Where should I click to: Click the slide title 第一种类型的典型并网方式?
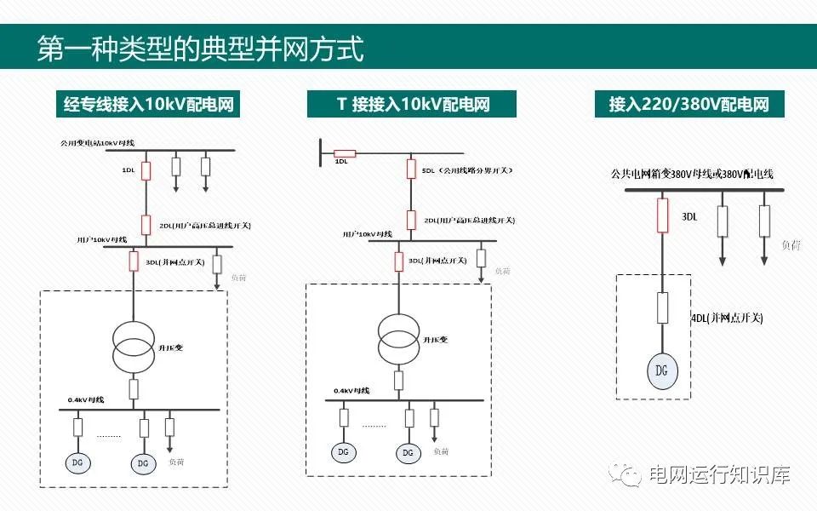click(201, 49)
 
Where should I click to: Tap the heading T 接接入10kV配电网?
click(413, 105)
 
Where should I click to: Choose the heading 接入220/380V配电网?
click(688, 105)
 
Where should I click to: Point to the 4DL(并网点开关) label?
click(727, 318)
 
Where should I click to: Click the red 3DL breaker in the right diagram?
click(662, 215)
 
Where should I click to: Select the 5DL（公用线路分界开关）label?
click(466, 170)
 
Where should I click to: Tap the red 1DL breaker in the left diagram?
click(146, 170)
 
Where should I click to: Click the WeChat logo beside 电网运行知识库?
click(630, 474)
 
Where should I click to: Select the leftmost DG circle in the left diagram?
click(77, 462)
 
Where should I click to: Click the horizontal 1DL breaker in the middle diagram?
click(344, 154)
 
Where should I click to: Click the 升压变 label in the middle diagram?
click(437, 340)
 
